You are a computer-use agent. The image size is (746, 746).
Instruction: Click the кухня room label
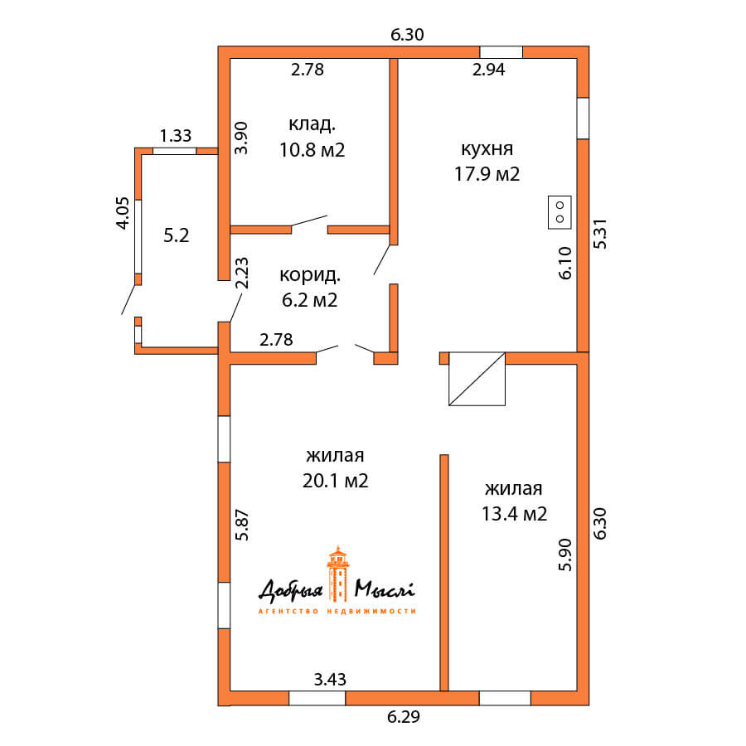click(x=487, y=149)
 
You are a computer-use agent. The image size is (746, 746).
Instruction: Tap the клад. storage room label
click(x=312, y=124)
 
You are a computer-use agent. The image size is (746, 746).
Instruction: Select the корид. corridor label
click(x=310, y=275)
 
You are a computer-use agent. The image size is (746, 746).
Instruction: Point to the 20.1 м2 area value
click(x=336, y=481)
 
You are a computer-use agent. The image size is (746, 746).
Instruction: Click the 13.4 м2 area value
click(x=514, y=514)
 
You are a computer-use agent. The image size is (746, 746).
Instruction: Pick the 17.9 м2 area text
click(x=487, y=174)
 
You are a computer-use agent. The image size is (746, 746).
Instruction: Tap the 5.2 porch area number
click(x=177, y=235)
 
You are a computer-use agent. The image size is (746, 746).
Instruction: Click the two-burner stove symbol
click(x=559, y=212)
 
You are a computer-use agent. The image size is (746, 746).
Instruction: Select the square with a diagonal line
click(x=477, y=379)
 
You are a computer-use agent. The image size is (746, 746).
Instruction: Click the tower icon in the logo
click(x=338, y=574)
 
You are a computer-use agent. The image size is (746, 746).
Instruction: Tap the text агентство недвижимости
click(x=337, y=611)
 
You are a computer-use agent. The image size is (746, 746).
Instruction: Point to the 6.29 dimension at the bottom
click(x=404, y=717)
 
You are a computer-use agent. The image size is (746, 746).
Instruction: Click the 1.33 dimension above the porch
click(x=176, y=136)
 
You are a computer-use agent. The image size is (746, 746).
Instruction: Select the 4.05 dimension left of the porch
click(x=123, y=213)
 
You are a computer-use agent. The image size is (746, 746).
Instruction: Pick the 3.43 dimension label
click(x=330, y=680)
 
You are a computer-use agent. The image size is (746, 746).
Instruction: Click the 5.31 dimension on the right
click(x=600, y=234)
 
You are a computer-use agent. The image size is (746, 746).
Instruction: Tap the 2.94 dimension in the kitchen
click(x=488, y=70)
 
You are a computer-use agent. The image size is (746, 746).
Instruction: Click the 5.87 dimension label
click(x=242, y=526)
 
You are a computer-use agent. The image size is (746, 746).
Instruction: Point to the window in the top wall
click(x=501, y=52)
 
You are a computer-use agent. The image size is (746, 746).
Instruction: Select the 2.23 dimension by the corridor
click(x=242, y=273)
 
